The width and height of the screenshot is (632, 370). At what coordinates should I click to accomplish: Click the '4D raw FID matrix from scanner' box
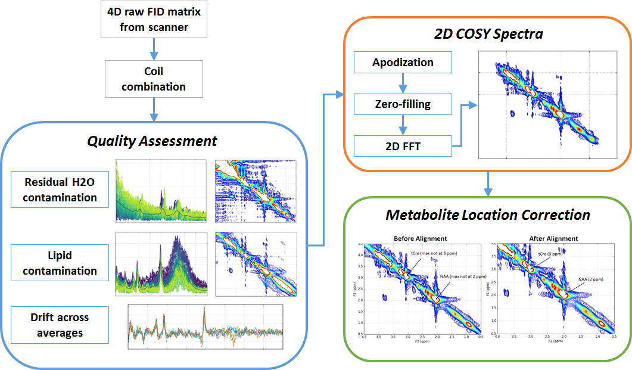pyautogui.click(x=154, y=20)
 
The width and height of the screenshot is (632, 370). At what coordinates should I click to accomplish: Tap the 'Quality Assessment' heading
pyautogui.click(x=152, y=141)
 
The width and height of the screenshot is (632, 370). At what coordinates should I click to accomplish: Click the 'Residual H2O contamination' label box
pyautogui.click(x=60, y=189)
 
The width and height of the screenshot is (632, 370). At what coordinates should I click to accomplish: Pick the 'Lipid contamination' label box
pyautogui.click(x=60, y=263)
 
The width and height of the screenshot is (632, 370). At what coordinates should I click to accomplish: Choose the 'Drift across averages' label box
pyautogui.click(x=60, y=325)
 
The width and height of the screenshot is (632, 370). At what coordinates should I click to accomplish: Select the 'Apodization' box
pyautogui.click(x=403, y=63)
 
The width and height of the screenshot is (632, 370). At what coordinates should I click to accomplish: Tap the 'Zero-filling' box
pyautogui.click(x=403, y=104)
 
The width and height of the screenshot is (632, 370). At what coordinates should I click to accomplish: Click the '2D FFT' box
pyautogui.click(x=403, y=145)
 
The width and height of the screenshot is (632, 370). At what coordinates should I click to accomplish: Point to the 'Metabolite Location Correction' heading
pyautogui.click(x=487, y=214)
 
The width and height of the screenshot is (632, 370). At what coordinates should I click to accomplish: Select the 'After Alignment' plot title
pyautogui.click(x=553, y=238)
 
